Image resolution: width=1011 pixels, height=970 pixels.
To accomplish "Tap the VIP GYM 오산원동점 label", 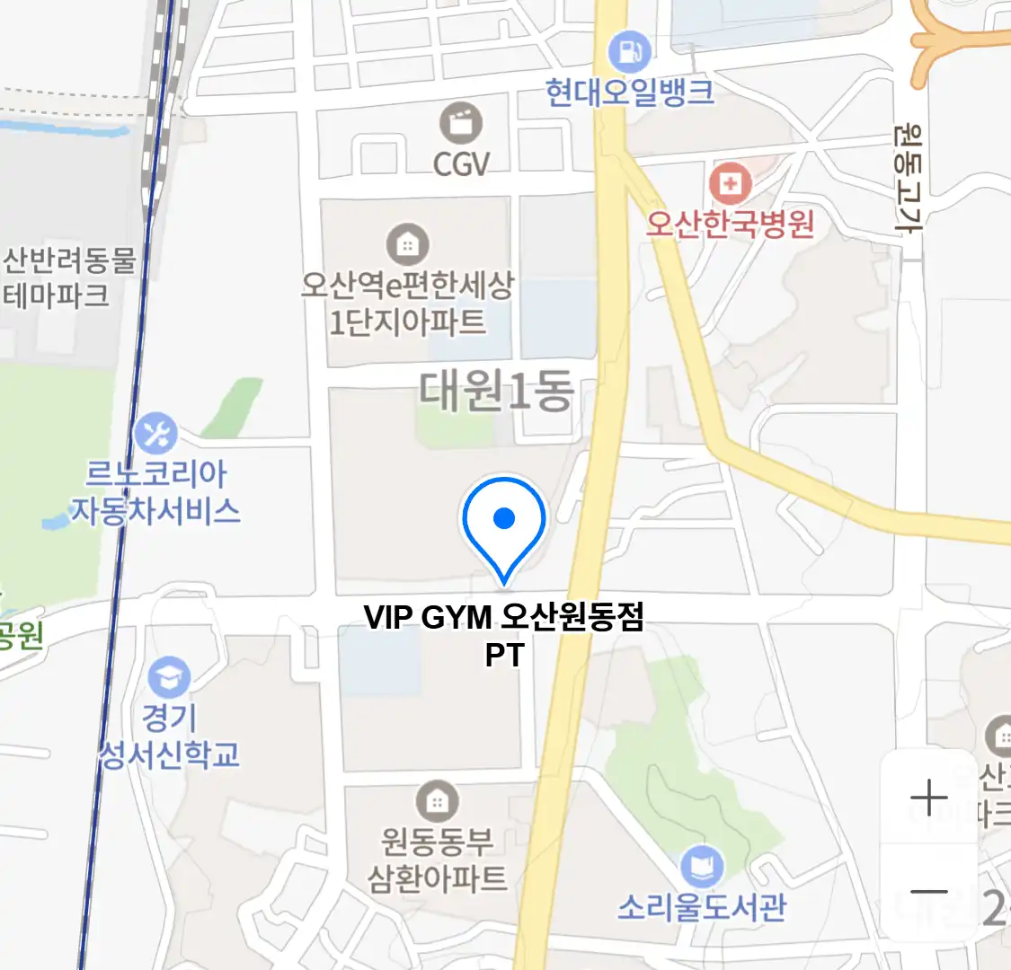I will (504, 618).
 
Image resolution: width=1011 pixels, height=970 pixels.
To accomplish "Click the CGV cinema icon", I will (461, 123).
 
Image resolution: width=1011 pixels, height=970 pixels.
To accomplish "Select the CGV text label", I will (461, 163).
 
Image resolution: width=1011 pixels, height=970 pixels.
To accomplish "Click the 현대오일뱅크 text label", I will (629, 92).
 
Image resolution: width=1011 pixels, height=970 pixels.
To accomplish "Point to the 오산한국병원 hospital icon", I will (730, 184).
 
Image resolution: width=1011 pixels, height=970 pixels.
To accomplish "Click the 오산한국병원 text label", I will (730, 223).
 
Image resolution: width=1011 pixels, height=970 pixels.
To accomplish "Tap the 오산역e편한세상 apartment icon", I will (407, 243).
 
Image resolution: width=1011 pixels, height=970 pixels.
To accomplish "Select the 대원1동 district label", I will (496, 392).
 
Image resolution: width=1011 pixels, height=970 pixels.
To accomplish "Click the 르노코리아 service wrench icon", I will (156, 435).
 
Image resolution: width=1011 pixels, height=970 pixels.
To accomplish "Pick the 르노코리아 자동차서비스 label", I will (156, 492).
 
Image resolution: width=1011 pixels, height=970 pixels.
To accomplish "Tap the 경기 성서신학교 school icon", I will (169, 678).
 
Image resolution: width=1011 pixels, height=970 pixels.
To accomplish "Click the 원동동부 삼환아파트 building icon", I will (438, 801).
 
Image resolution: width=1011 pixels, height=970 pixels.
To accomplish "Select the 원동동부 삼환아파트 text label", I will (438, 860).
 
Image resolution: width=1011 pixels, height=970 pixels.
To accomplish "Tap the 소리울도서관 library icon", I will (701, 868).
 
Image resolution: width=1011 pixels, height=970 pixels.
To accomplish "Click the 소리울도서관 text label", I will (701, 907).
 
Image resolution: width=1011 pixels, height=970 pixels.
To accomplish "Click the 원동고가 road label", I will (908, 180).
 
